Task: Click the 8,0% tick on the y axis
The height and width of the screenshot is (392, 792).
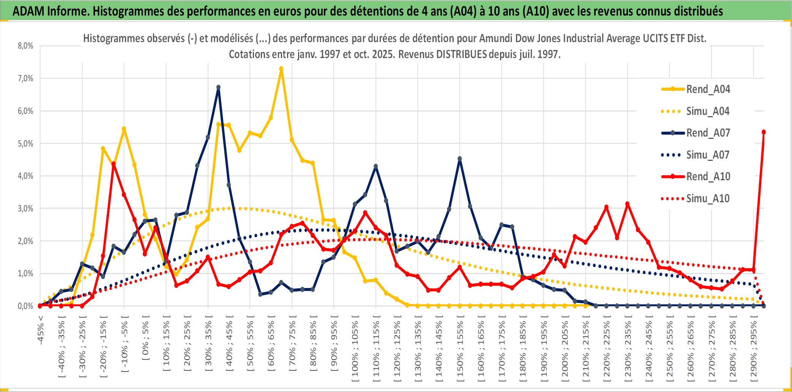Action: click(x=25, y=46)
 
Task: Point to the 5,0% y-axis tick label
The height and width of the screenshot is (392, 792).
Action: click(x=25, y=143)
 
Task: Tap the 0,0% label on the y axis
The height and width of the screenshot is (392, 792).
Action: click(x=25, y=306)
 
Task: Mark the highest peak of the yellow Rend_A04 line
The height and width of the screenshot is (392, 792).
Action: click(x=281, y=69)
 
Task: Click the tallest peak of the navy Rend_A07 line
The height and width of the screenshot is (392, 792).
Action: click(x=218, y=87)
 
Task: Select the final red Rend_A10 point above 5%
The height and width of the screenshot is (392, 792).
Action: click(x=764, y=132)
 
